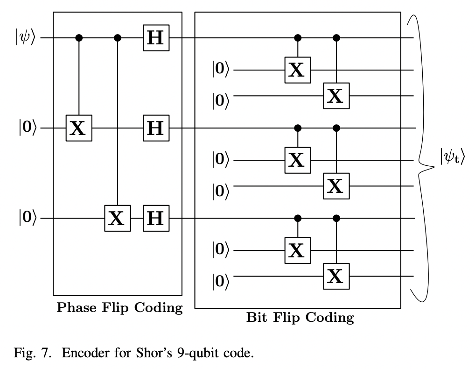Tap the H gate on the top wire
156,37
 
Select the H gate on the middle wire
156,127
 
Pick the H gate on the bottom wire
156,218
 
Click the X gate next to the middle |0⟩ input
78,127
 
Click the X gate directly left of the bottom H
117,218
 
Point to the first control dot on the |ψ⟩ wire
79,37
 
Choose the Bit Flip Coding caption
300,319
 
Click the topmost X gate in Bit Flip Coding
297,70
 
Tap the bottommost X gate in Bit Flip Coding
335,277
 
